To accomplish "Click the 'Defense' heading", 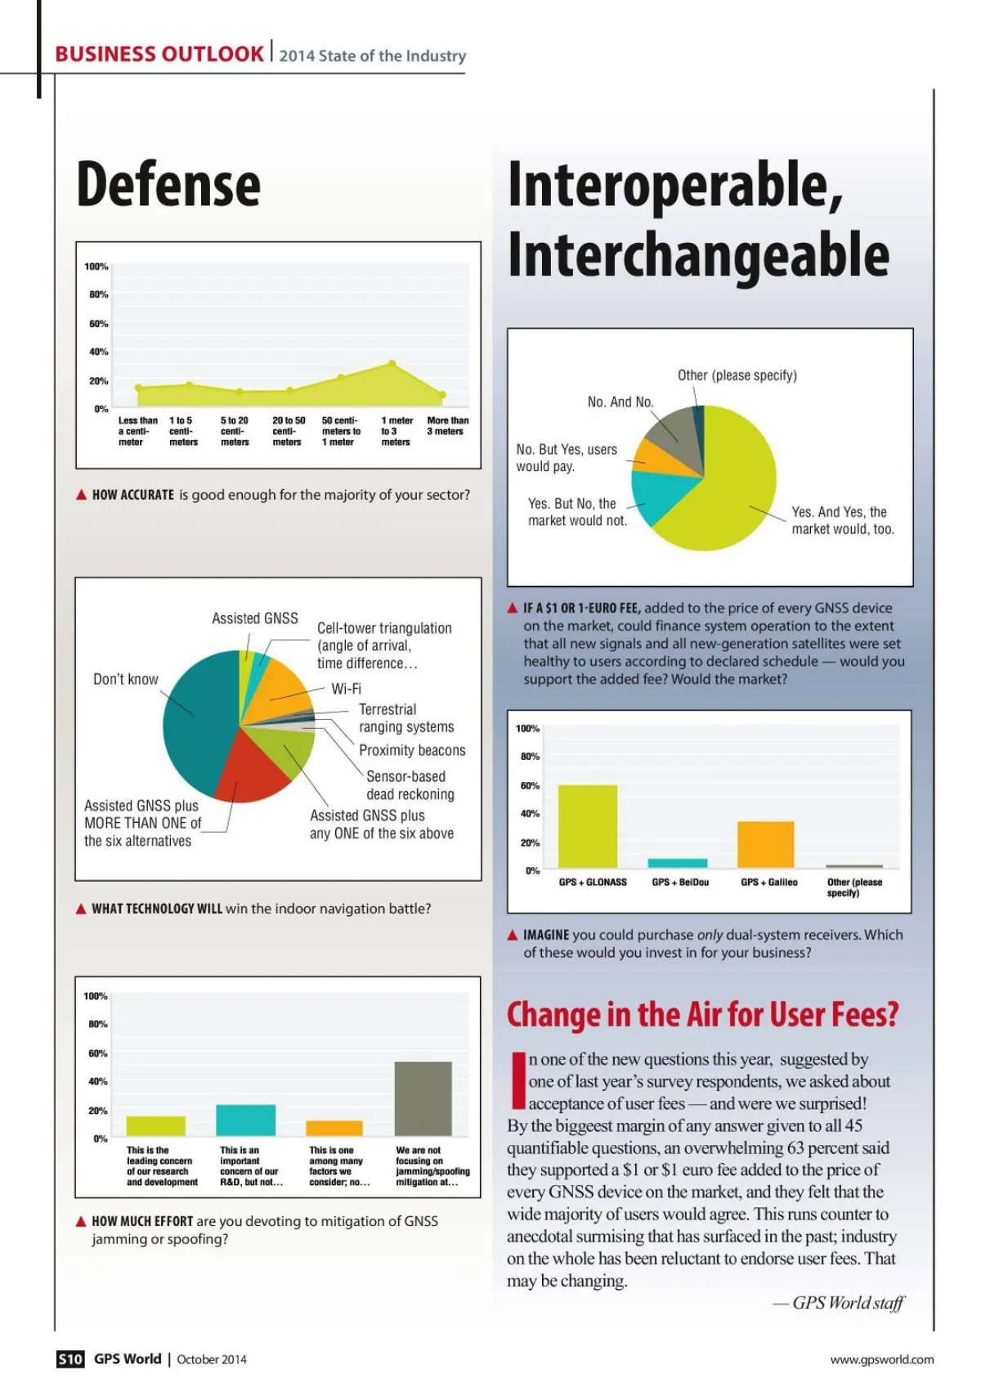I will [168, 185].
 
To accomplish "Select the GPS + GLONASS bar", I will [587, 826].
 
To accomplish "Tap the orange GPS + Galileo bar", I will [765, 844].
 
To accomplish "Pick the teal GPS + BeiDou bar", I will [677, 863].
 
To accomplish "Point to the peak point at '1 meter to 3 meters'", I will [392, 364].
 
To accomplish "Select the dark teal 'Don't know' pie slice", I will [196, 720].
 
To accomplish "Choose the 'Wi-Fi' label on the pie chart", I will [346, 689].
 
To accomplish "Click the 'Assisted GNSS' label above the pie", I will [255, 618].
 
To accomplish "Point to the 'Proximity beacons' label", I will [412, 750].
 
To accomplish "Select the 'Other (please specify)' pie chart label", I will [737, 375].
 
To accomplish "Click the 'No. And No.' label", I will [620, 402].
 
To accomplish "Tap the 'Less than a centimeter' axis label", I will [137, 431].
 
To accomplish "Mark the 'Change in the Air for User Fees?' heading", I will [702, 1014].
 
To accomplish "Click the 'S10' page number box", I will [70, 1359].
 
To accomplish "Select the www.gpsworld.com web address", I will [881, 1359].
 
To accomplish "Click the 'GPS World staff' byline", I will [848, 1303].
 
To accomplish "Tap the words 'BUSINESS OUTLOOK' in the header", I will [159, 55].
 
